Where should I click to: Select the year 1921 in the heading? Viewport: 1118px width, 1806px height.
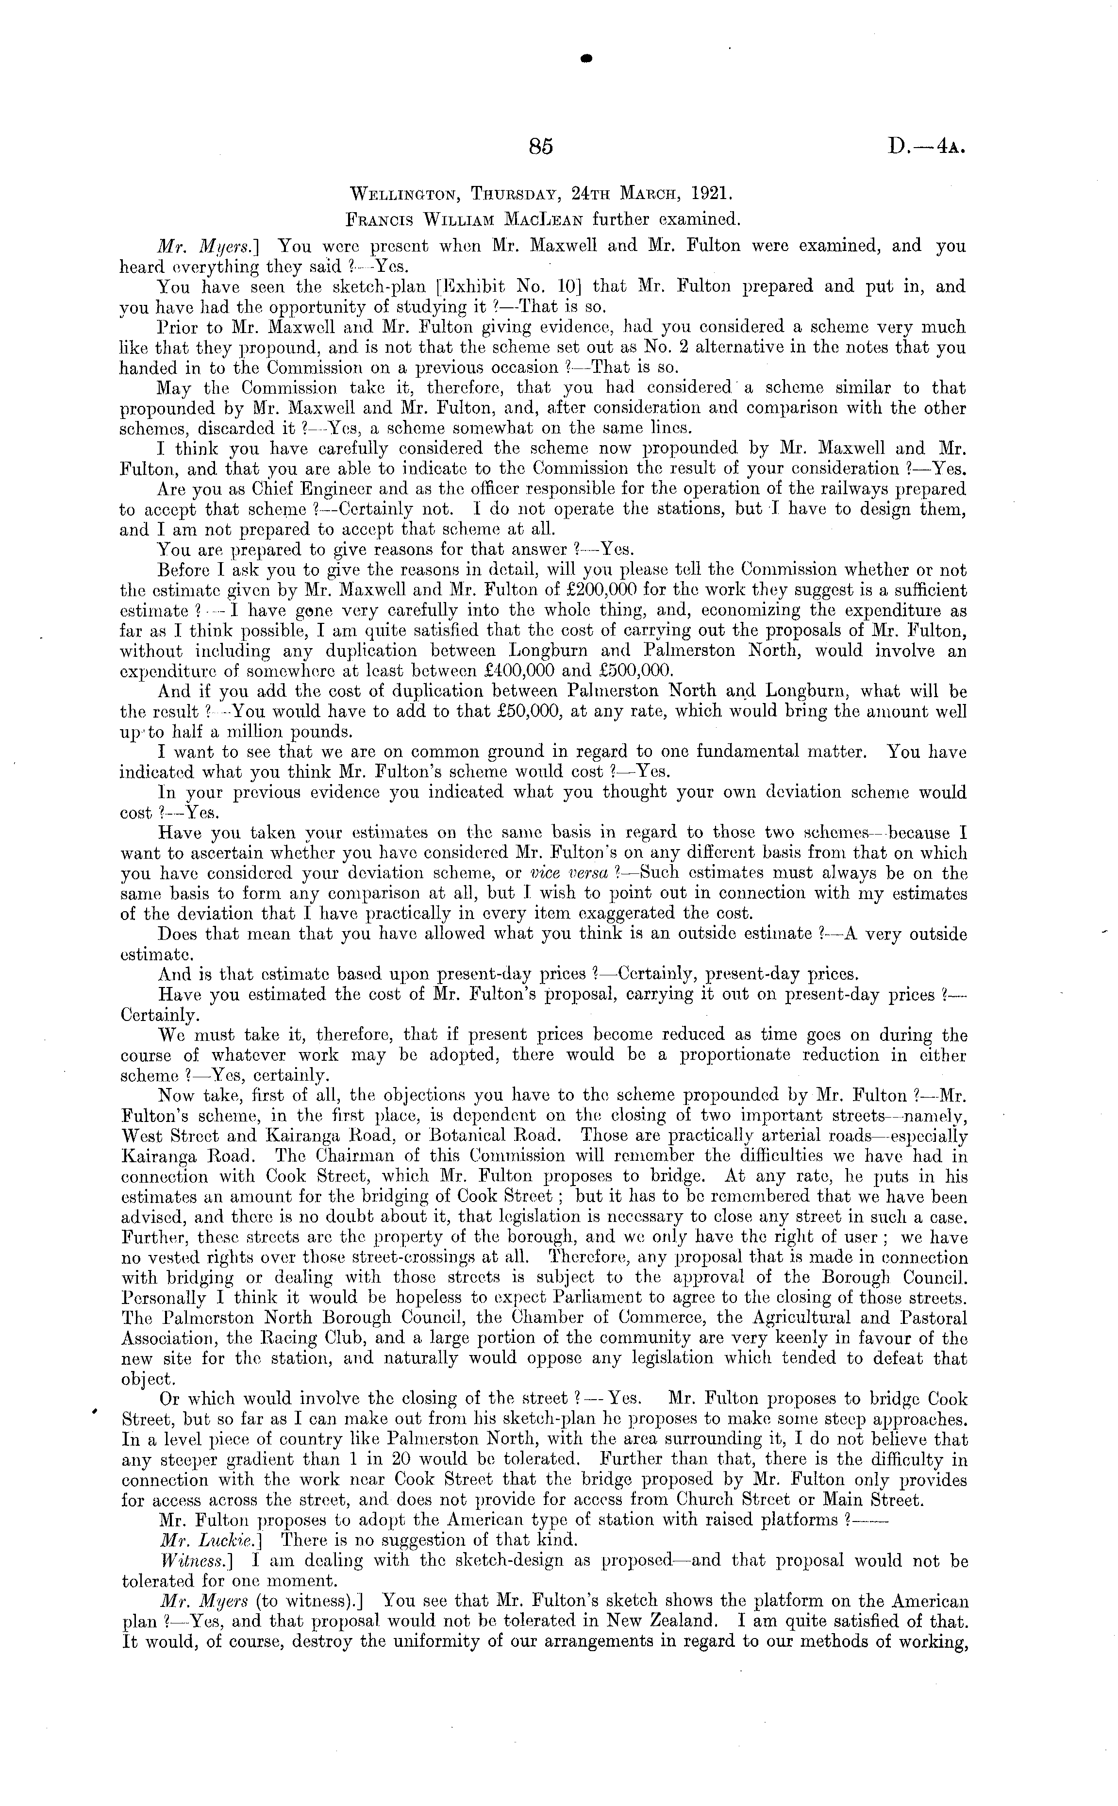point(712,194)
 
